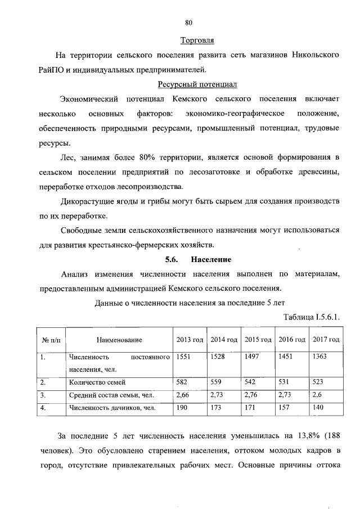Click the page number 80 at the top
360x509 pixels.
click(x=189, y=22)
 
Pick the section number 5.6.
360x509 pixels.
click(x=171, y=259)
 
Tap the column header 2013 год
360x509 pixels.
click(x=190, y=340)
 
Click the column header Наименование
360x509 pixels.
click(x=119, y=340)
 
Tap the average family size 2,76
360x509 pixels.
click(x=252, y=395)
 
